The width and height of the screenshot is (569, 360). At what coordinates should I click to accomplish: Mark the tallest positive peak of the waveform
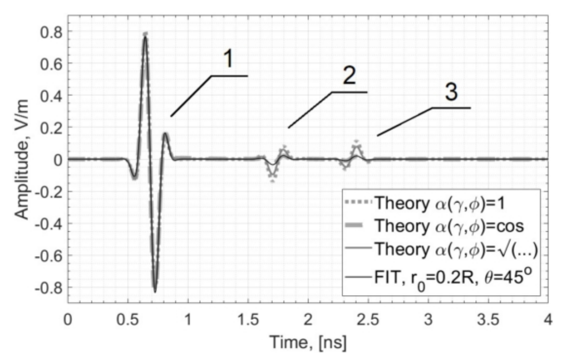[x=145, y=34]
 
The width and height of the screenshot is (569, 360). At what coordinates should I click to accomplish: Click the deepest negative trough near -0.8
[x=155, y=291]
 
